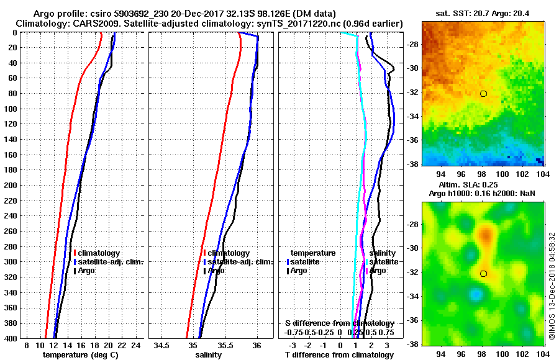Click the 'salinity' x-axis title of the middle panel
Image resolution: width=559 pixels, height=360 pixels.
click(x=208, y=355)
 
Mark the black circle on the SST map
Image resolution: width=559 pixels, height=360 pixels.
click(x=483, y=94)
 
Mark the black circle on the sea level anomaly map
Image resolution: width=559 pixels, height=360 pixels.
click(x=483, y=273)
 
